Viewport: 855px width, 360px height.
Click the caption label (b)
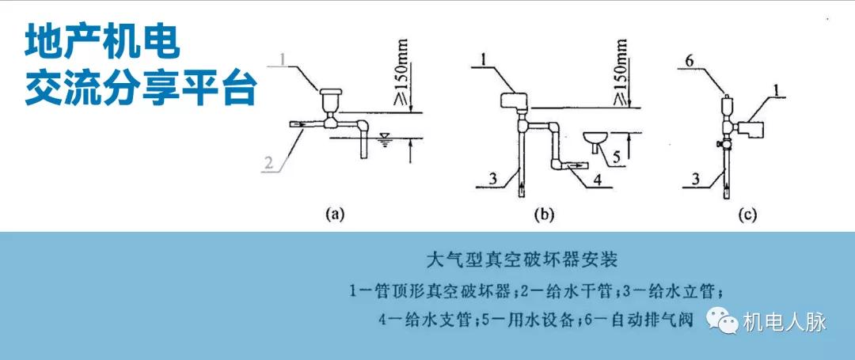[x=545, y=213]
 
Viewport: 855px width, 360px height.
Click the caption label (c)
[x=747, y=213]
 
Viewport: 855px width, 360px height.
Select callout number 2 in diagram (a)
[x=268, y=164]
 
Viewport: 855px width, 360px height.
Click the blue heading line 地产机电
[x=102, y=43]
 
